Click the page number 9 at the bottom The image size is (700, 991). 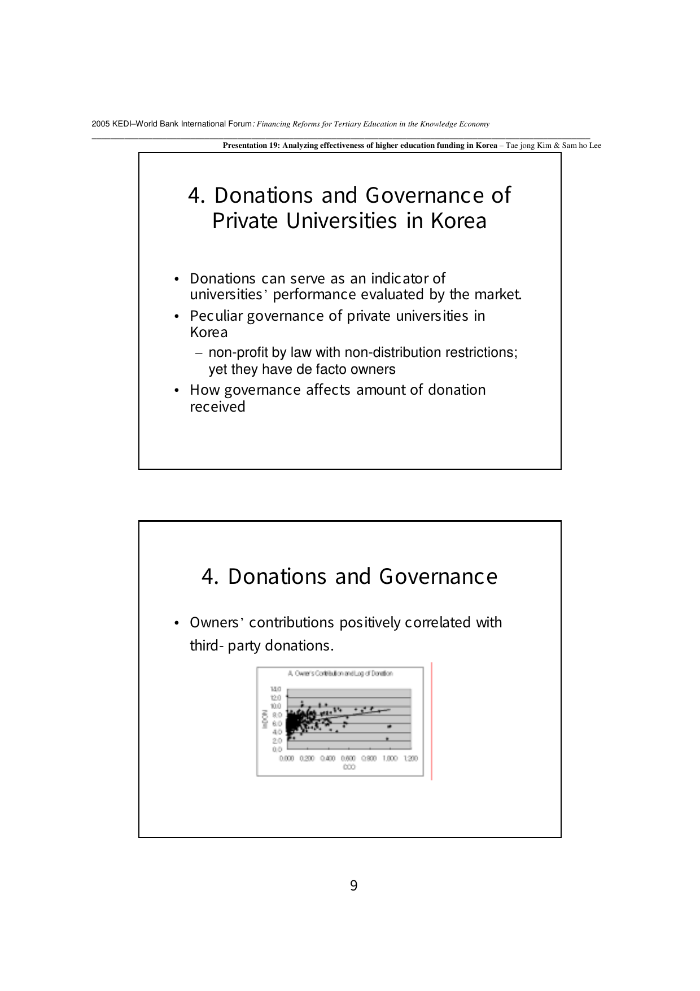coord(353,885)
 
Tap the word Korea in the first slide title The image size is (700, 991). coord(458,221)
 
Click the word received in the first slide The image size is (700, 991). coord(217,407)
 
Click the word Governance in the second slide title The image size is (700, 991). coord(438,577)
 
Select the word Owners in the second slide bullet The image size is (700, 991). coord(215,622)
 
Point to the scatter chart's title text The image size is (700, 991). coord(340,673)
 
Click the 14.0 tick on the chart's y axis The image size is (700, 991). coord(275,689)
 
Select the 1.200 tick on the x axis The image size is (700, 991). coord(410,758)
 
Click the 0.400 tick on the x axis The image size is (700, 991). coord(328,758)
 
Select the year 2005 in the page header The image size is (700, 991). coord(100,124)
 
